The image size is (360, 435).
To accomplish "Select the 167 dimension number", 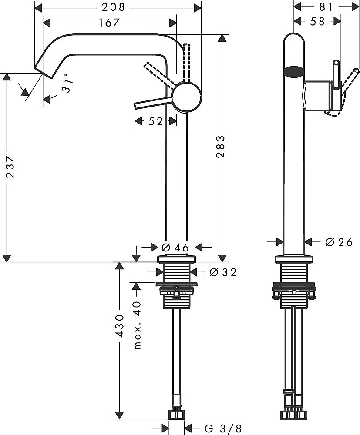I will [x=109, y=23].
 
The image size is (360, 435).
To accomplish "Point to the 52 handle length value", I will [x=155, y=122].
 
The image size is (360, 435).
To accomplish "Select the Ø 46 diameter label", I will [x=175, y=248].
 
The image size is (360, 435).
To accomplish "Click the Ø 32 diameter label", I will [x=222, y=273].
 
